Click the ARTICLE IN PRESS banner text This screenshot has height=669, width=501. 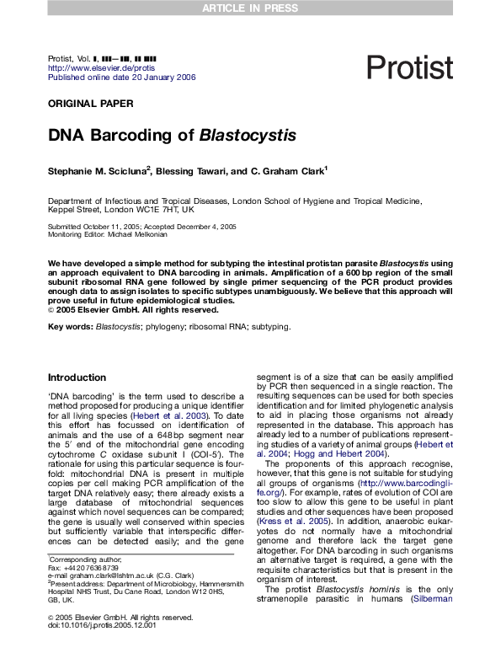pyautogui.click(x=250, y=8)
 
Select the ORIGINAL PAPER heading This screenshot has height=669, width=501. pyautogui.click(x=90, y=104)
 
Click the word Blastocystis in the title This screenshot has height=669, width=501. pyautogui.click(x=248, y=135)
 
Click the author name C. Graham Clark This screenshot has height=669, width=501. pyautogui.click(x=282, y=171)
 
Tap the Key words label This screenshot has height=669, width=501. pyautogui.click(x=70, y=326)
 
